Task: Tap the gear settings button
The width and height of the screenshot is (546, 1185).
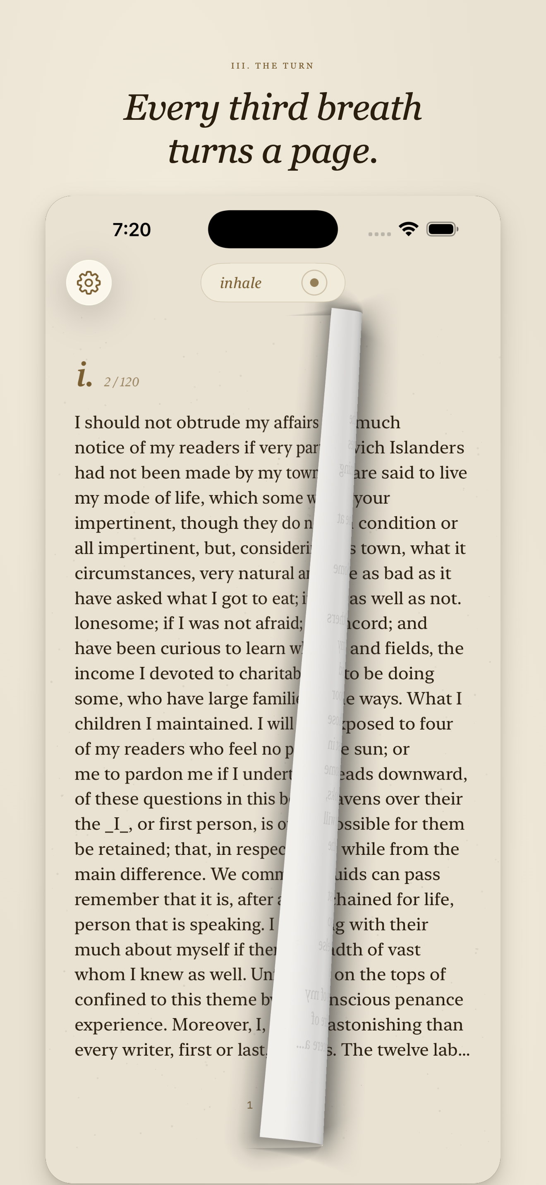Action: (x=89, y=283)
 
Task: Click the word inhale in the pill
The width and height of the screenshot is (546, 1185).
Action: (x=241, y=283)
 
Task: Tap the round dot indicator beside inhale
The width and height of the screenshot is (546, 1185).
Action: (x=314, y=283)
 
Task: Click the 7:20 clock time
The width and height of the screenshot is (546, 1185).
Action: (x=132, y=230)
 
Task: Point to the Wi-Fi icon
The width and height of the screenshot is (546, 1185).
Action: (x=408, y=228)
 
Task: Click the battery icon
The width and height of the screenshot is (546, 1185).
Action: (x=442, y=229)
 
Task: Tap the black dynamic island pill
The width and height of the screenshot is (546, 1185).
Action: (x=273, y=229)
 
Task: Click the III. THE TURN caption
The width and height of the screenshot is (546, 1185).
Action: (x=273, y=66)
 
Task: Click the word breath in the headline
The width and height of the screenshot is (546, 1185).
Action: (x=369, y=108)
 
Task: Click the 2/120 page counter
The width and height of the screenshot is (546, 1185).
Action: (x=122, y=382)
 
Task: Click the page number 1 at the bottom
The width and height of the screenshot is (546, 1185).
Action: (x=250, y=1105)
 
